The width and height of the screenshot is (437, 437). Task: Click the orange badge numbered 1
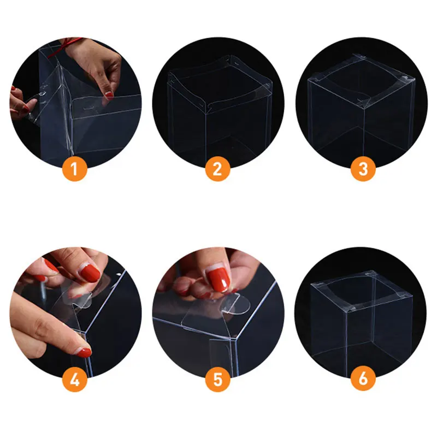click(75, 169)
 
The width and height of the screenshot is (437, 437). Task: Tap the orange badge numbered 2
click(217, 169)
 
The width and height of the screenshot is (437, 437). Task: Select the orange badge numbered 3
click(363, 169)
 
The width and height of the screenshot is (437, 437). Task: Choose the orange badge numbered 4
click(75, 379)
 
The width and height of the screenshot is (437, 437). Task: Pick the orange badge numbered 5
click(217, 379)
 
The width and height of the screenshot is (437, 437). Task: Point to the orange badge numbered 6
click(363, 379)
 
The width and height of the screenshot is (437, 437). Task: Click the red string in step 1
click(64, 47)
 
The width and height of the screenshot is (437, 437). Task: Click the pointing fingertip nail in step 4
click(85, 352)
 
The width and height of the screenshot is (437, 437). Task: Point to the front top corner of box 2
click(206, 111)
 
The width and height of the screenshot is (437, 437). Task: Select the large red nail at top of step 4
click(90, 273)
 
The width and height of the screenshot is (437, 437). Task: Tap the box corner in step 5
click(235, 338)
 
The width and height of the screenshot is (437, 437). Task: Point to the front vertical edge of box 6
click(346, 340)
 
